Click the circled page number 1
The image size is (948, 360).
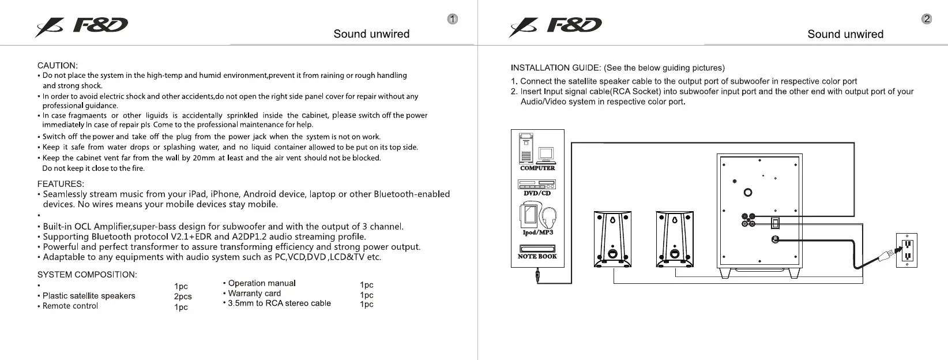(453, 19)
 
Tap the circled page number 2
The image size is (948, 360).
(927, 19)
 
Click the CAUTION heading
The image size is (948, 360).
(57, 65)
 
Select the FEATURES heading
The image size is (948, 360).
(61, 184)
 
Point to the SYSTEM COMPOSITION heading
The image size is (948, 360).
(87, 275)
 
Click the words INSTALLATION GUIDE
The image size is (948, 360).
(555, 67)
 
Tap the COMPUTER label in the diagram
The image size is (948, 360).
(537, 168)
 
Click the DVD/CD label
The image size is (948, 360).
(537, 193)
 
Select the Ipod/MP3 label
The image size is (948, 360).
(537, 232)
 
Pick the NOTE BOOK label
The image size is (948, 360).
(537, 256)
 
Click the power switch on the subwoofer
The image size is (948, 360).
(776, 222)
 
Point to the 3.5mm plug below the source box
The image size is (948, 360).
(537, 276)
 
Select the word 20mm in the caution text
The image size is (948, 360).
(204, 158)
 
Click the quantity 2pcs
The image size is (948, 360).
(183, 297)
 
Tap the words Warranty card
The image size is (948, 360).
(254, 293)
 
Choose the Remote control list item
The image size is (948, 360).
(70, 306)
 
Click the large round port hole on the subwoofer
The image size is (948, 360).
(748, 193)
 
